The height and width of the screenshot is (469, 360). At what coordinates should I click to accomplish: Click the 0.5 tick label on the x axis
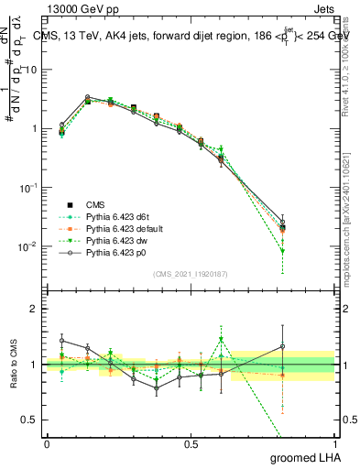click(191, 442)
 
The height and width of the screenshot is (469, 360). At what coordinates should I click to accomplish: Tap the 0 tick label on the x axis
click(47, 442)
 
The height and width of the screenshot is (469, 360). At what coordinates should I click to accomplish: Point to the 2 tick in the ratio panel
click(34, 309)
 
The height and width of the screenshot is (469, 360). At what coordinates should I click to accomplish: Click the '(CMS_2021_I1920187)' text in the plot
click(191, 274)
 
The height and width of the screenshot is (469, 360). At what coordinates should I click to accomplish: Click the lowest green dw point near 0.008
click(282, 251)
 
